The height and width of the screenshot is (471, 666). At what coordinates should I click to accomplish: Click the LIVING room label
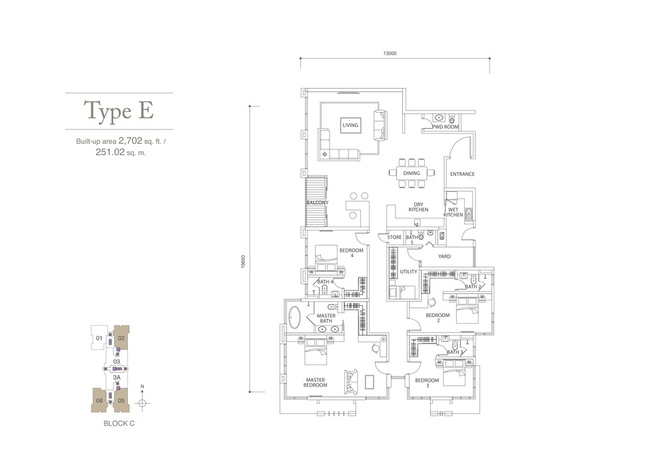pyautogui.click(x=350, y=125)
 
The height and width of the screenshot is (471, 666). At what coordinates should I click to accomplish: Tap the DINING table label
pyautogui.click(x=412, y=173)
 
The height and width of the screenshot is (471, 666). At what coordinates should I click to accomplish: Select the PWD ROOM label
pyautogui.click(x=446, y=127)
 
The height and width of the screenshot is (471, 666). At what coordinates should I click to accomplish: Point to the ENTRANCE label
pyautogui.click(x=463, y=174)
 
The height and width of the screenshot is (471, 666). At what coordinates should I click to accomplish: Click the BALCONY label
pyautogui.click(x=317, y=203)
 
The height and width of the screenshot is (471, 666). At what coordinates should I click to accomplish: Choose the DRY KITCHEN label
pyautogui.click(x=418, y=207)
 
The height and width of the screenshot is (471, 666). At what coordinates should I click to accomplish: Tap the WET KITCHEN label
pyautogui.click(x=453, y=213)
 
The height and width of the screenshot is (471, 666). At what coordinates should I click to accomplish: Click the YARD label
pyautogui.click(x=444, y=256)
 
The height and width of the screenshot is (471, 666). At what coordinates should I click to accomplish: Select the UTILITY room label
pyautogui.click(x=409, y=272)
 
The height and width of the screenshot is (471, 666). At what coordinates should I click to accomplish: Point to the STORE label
pyautogui.click(x=394, y=237)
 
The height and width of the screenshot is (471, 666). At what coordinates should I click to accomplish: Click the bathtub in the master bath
pyautogui.click(x=294, y=318)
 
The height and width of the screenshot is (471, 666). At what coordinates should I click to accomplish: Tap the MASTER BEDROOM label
pyautogui.click(x=315, y=382)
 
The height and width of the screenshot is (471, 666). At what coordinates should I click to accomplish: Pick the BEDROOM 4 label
pyautogui.click(x=351, y=253)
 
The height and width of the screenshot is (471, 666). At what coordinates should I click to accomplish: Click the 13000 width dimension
pyautogui.click(x=390, y=53)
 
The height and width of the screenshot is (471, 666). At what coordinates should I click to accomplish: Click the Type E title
pyautogui.click(x=119, y=111)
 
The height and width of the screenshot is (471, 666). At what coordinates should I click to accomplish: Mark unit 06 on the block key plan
pyautogui.click(x=99, y=400)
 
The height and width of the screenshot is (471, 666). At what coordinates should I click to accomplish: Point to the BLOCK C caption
pyautogui.click(x=119, y=424)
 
